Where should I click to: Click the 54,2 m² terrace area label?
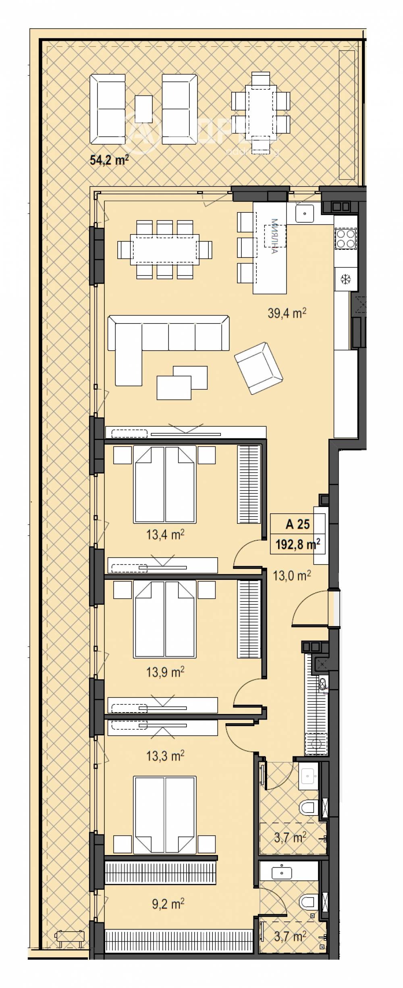(109, 161)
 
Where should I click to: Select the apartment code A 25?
(297, 524)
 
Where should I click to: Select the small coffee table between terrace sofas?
(143, 109)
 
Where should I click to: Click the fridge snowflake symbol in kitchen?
(345, 279)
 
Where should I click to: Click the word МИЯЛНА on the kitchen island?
(275, 236)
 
